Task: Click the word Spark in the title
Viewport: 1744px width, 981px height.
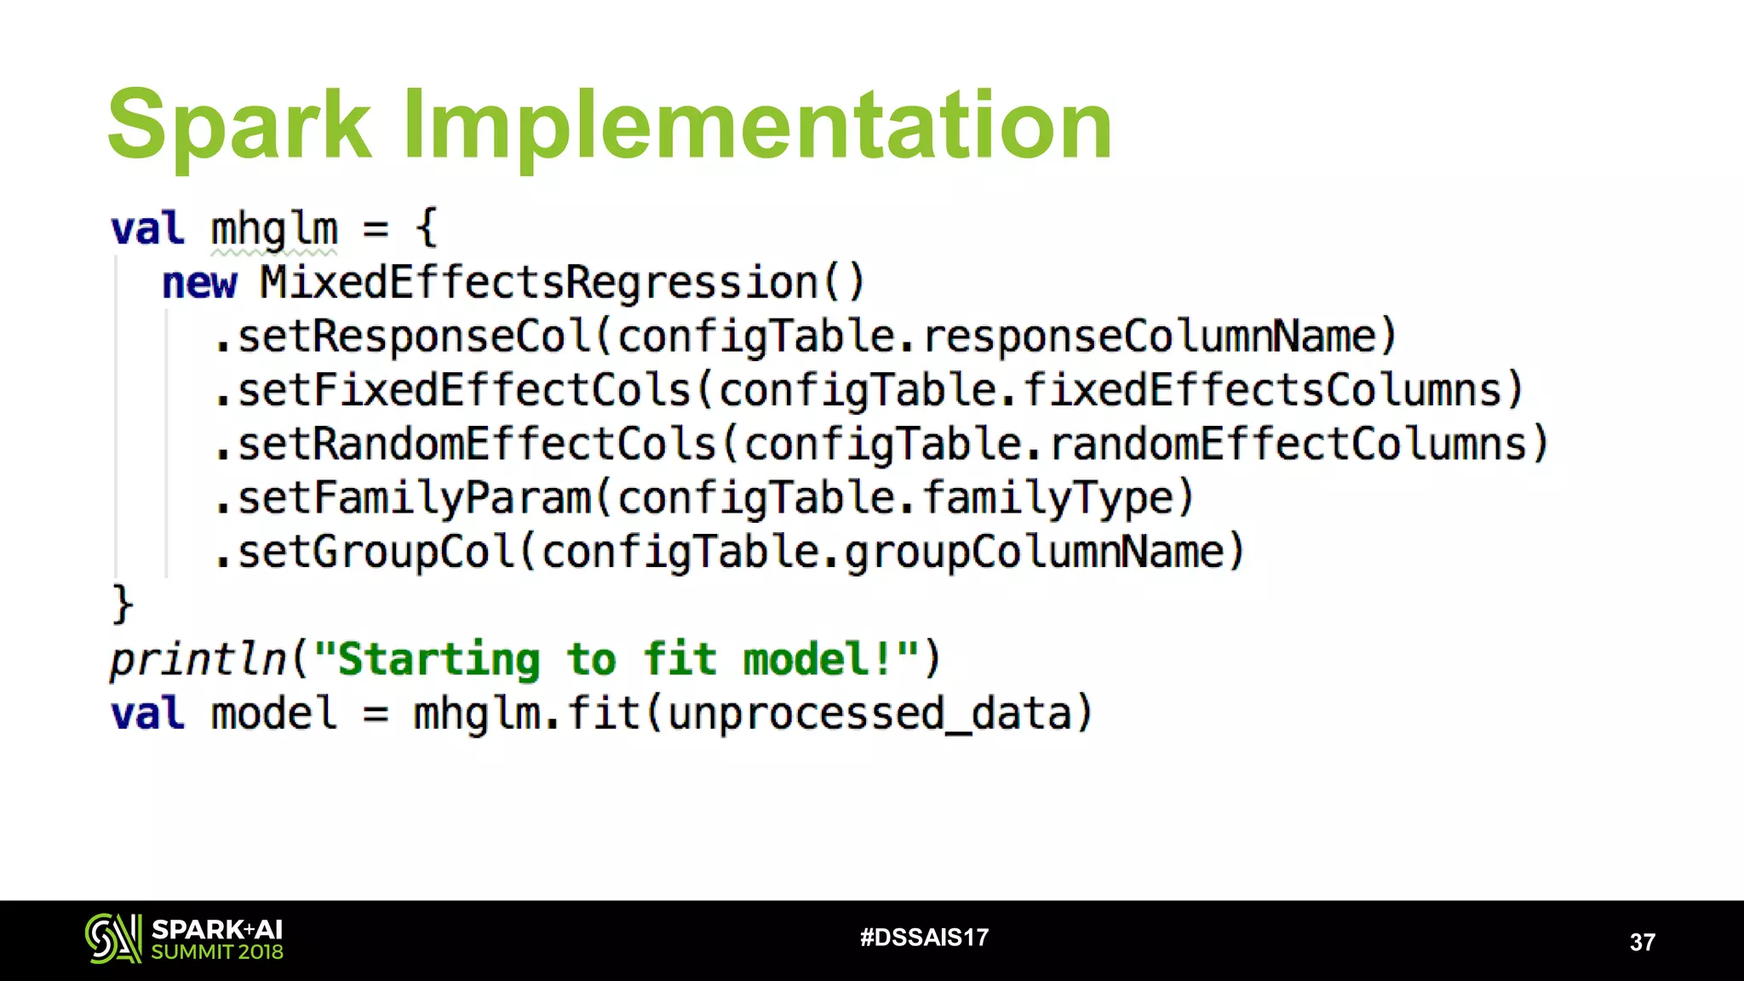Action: click(x=239, y=125)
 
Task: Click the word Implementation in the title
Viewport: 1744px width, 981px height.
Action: click(x=756, y=125)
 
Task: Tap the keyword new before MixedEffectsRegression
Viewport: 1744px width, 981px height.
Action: click(x=199, y=283)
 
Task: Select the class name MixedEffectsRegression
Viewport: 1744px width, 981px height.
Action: click(x=538, y=283)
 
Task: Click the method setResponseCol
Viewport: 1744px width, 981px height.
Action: click(x=414, y=336)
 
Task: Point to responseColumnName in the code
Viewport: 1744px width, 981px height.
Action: click(x=1150, y=336)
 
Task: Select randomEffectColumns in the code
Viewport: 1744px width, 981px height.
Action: click(x=1288, y=445)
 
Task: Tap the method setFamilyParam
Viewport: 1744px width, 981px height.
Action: click(x=414, y=498)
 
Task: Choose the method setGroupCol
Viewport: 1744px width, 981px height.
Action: click(x=376, y=552)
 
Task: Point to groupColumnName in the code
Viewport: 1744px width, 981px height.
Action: click(x=1035, y=552)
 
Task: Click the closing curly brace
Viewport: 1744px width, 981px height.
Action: click(x=123, y=605)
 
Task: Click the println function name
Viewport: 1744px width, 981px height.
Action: click(x=198, y=659)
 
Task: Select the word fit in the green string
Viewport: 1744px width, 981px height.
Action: click(x=679, y=659)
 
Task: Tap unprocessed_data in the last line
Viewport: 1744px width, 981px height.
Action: click(x=869, y=714)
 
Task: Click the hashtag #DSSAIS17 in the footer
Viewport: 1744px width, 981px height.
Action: click(x=924, y=938)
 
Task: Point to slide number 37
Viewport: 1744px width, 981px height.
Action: click(x=1642, y=942)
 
